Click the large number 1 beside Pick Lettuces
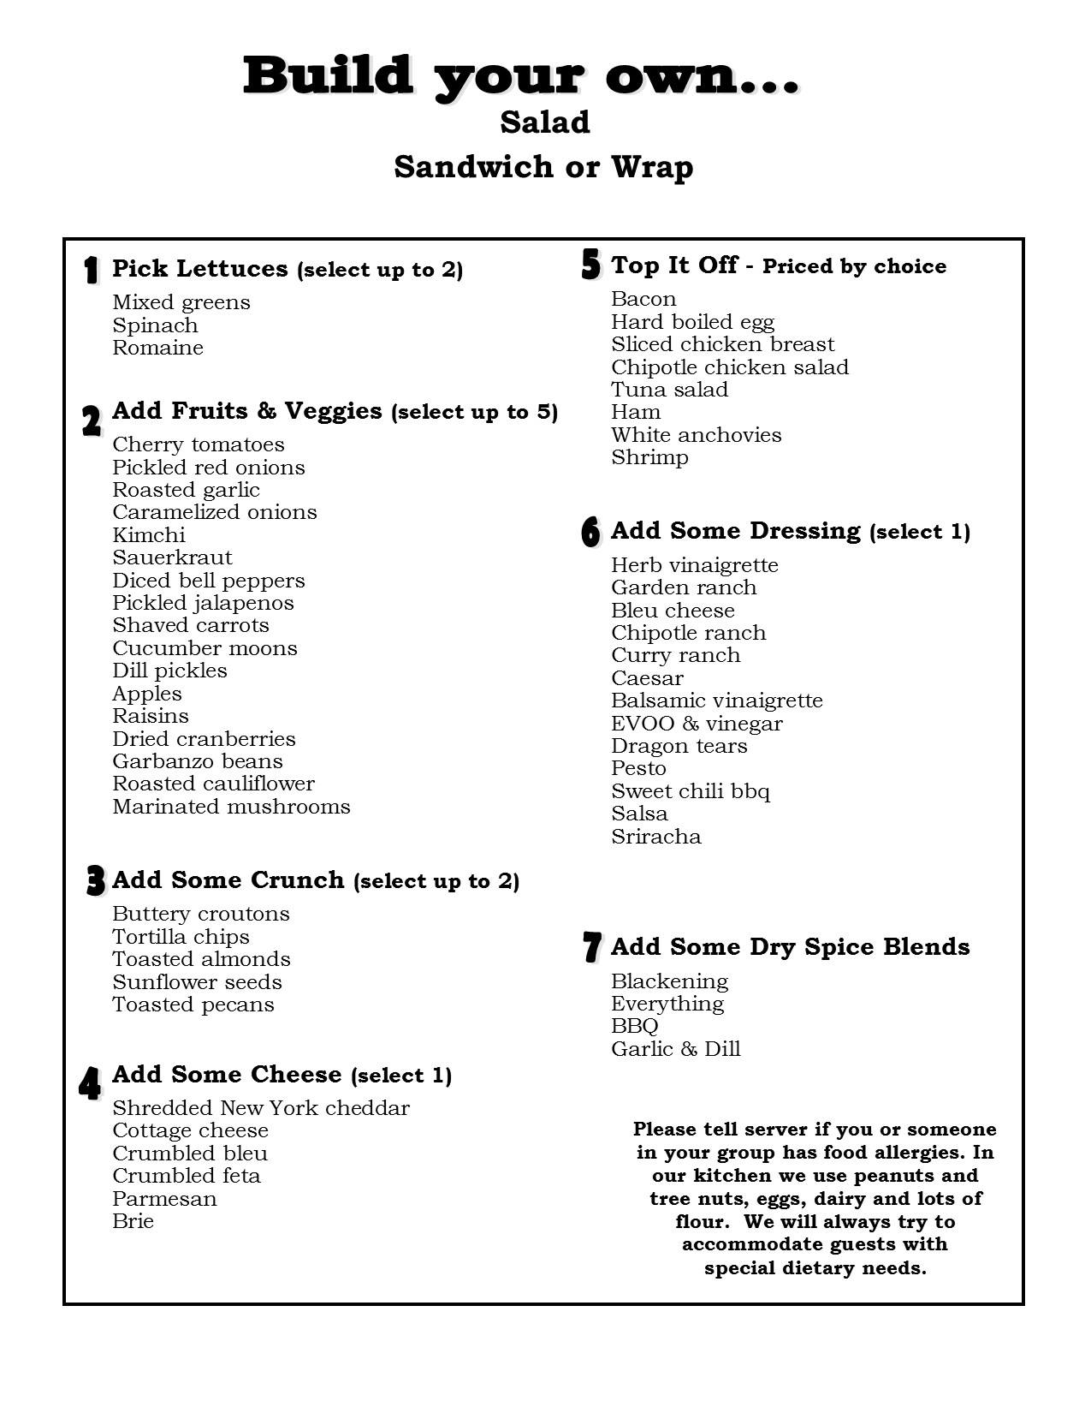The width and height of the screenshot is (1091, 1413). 91,270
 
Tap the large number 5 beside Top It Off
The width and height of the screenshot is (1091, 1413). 590,265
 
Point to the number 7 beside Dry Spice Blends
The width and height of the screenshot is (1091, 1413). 591,947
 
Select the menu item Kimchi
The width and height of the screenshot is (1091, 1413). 149,535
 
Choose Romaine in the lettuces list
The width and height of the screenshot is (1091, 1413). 157,348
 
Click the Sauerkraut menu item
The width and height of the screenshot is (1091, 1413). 172,557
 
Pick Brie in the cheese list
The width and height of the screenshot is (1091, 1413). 133,1221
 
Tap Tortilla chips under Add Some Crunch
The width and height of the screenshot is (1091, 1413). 181,937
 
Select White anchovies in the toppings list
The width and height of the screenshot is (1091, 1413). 696,435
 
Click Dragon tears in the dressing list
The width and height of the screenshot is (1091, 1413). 679,746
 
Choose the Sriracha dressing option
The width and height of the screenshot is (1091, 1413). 655,837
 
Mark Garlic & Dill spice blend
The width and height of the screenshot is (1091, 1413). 675,1049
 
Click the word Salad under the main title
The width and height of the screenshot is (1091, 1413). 545,122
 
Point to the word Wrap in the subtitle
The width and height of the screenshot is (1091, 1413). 651,167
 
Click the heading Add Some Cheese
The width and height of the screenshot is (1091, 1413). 227,1074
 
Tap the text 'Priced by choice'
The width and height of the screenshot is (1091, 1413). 854,266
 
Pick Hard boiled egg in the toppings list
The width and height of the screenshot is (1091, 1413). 692,322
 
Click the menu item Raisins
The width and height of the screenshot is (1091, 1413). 151,716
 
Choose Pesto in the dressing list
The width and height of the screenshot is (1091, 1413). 638,768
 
